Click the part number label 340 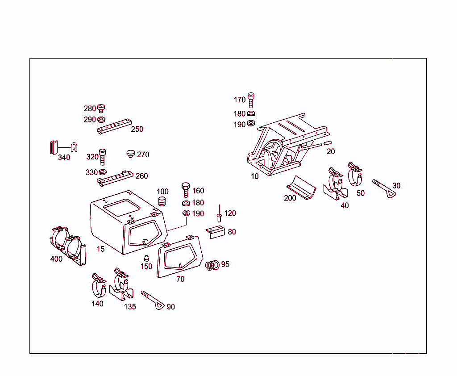64,157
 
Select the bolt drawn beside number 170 252,100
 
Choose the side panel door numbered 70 179,258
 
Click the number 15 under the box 101,249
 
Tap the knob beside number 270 131,154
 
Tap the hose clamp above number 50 356,174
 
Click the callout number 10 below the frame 254,176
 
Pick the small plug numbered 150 146,258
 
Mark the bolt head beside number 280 101,108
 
